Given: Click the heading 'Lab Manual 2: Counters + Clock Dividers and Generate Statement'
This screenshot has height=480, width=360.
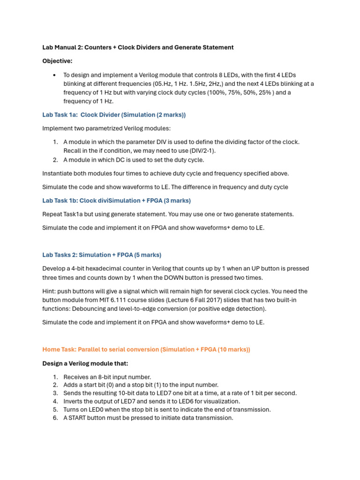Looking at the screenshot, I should pyautogui.click(x=138, y=47).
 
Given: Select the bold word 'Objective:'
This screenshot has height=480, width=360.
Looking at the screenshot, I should pyautogui.click(x=57, y=61).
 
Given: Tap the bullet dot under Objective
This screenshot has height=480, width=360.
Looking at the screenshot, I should pyautogui.click(x=55, y=75).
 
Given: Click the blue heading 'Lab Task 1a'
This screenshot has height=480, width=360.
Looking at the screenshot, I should pyautogui.click(x=59, y=115).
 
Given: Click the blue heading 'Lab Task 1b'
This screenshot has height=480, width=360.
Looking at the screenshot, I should pyautogui.click(x=59, y=201).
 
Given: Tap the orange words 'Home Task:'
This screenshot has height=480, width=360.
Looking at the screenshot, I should pyautogui.click(x=59, y=350).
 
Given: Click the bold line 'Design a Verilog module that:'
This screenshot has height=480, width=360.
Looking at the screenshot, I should pyautogui.click(x=85, y=363).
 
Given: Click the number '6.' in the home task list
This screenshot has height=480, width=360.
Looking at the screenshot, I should pyautogui.click(x=55, y=418).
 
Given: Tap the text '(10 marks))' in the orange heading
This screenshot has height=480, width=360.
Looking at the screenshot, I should pyautogui.click(x=233, y=350).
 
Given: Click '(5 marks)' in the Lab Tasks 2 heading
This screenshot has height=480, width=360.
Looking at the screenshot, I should pyautogui.click(x=147, y=255).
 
